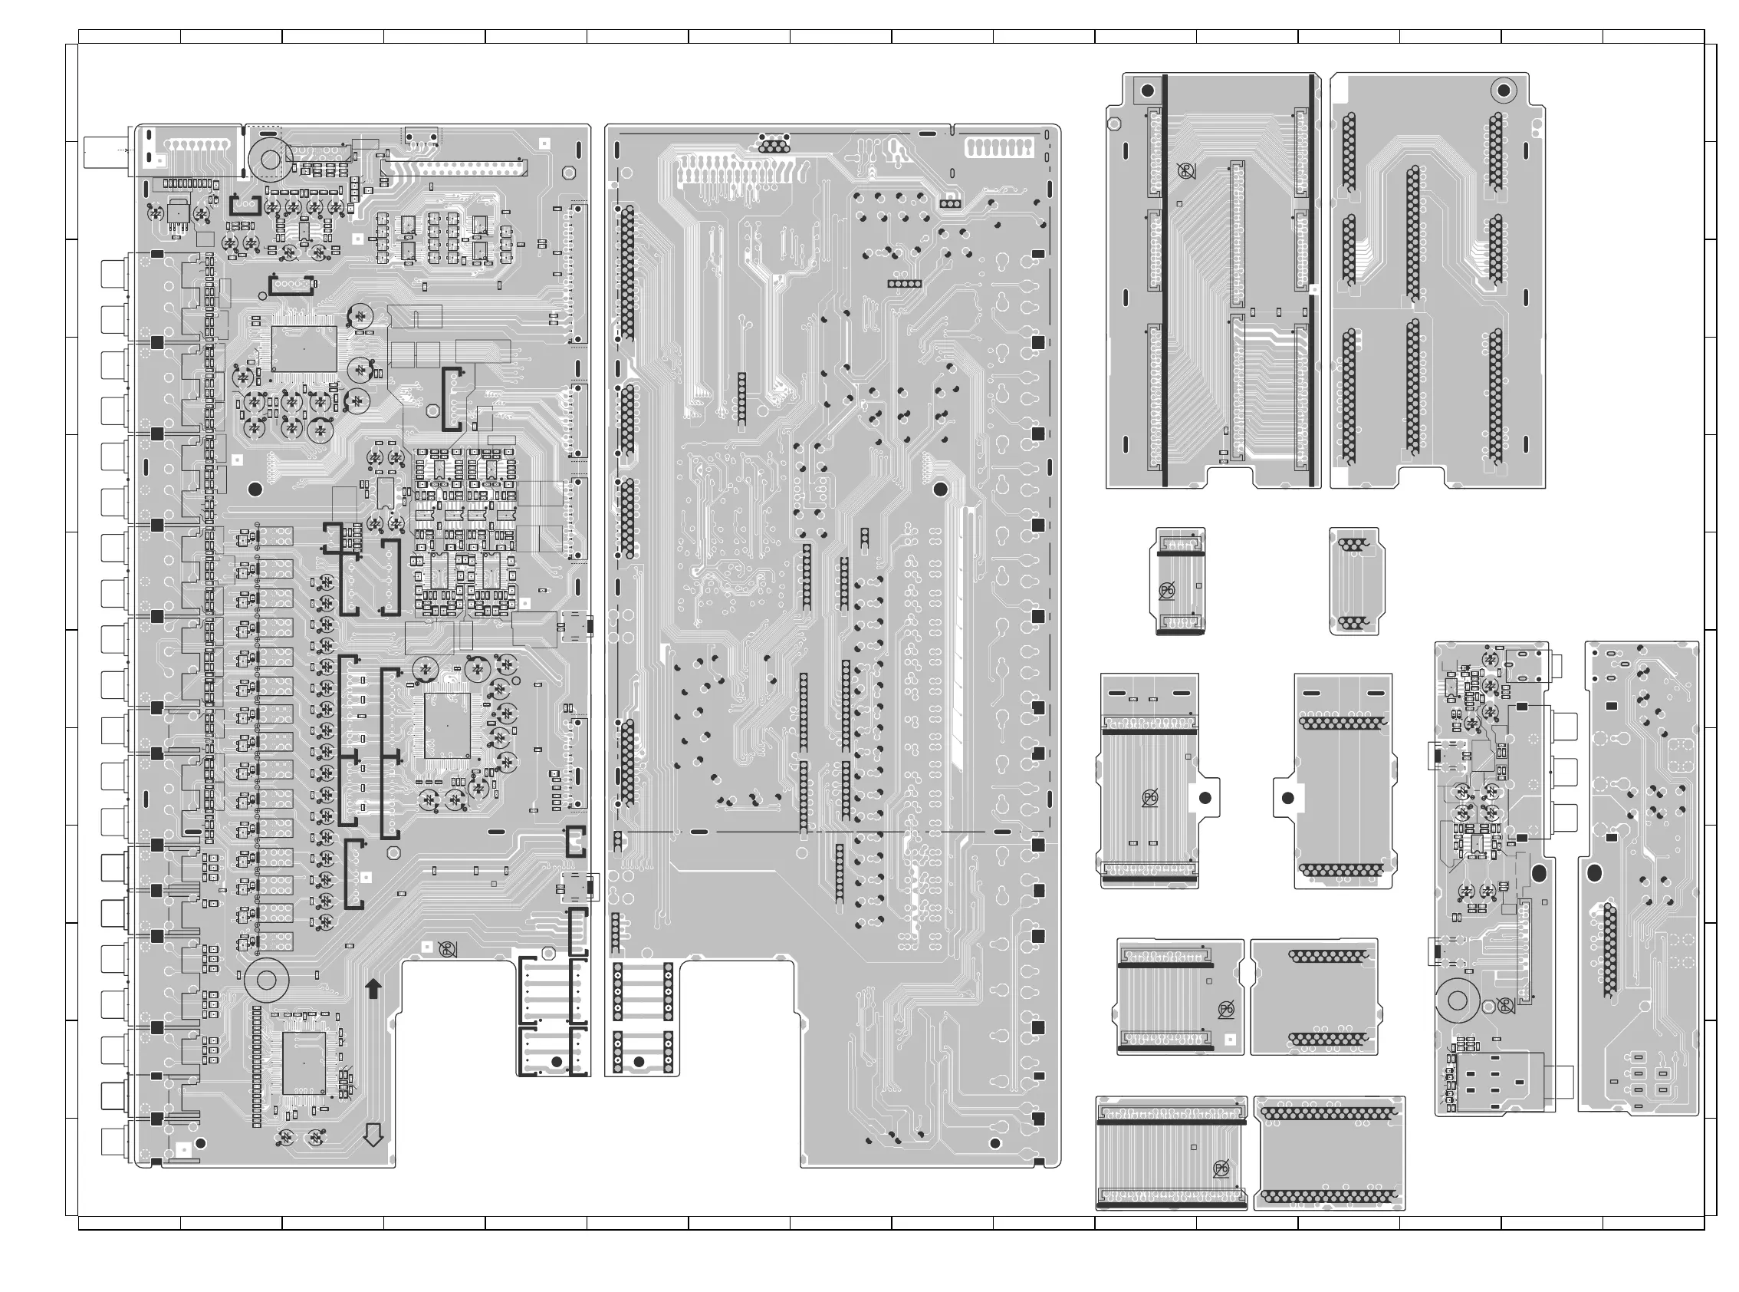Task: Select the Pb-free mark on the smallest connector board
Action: click(1166, 591)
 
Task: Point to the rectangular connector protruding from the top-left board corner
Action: click(110, 152)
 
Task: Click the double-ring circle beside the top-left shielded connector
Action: click(270, 160)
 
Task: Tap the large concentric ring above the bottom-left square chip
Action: click(266, 980)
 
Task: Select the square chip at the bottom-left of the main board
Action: click(303, 1062)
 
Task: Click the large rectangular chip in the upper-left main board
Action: click(303, 349)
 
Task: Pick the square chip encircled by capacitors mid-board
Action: click(447, 725)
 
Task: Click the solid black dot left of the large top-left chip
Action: click(254, 489)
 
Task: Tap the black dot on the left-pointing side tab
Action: click(1288, 799)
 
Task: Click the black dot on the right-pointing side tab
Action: click(1205, 799)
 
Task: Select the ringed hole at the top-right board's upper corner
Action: click(1501, 91)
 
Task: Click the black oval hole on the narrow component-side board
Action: click(1539, 873)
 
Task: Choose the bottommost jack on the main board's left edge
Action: click(113, 1142)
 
